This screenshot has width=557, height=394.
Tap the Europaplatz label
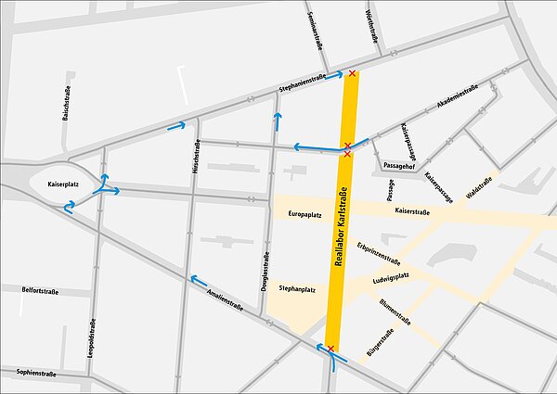click(304, 213)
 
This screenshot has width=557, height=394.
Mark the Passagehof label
click(397, 164)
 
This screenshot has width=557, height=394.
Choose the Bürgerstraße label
click(382, 343)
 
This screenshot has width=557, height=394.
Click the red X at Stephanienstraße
click(352, 72)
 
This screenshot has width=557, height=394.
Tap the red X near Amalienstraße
click(330, 349)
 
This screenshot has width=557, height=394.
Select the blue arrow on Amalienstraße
click(199, 280)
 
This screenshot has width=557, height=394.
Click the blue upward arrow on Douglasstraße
click(276, 121)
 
